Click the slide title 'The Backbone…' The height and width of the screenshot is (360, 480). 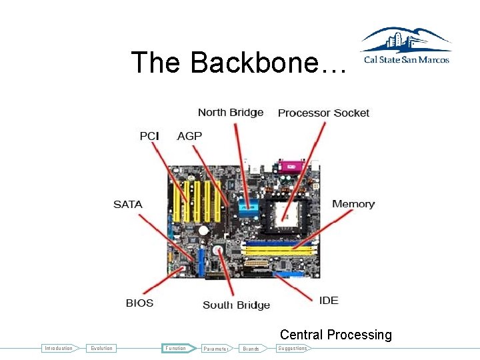[239, 63]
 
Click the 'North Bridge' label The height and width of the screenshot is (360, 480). [231, 112]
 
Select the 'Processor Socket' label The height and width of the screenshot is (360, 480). [323, 113]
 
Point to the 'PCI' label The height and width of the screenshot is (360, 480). [149, 136]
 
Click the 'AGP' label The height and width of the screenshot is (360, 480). [189, 136]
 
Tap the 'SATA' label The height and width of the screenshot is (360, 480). [127, 204]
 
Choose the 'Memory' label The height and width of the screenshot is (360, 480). [353, 204]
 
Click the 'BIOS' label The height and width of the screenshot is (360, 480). [139, 303]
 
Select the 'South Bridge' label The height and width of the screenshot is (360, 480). [236, 305]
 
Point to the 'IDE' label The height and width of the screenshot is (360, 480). [329, 300]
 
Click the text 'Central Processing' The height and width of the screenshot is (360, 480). [335, 335]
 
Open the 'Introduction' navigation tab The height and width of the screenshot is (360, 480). [59, 348]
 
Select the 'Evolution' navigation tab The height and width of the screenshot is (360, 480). [102, 348]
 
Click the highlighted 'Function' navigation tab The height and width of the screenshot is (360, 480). [176, 348]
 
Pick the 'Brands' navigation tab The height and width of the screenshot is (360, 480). [251, 349]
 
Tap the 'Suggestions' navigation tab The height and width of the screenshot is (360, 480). [293, 348]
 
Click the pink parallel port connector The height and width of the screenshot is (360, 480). [291, 165]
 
